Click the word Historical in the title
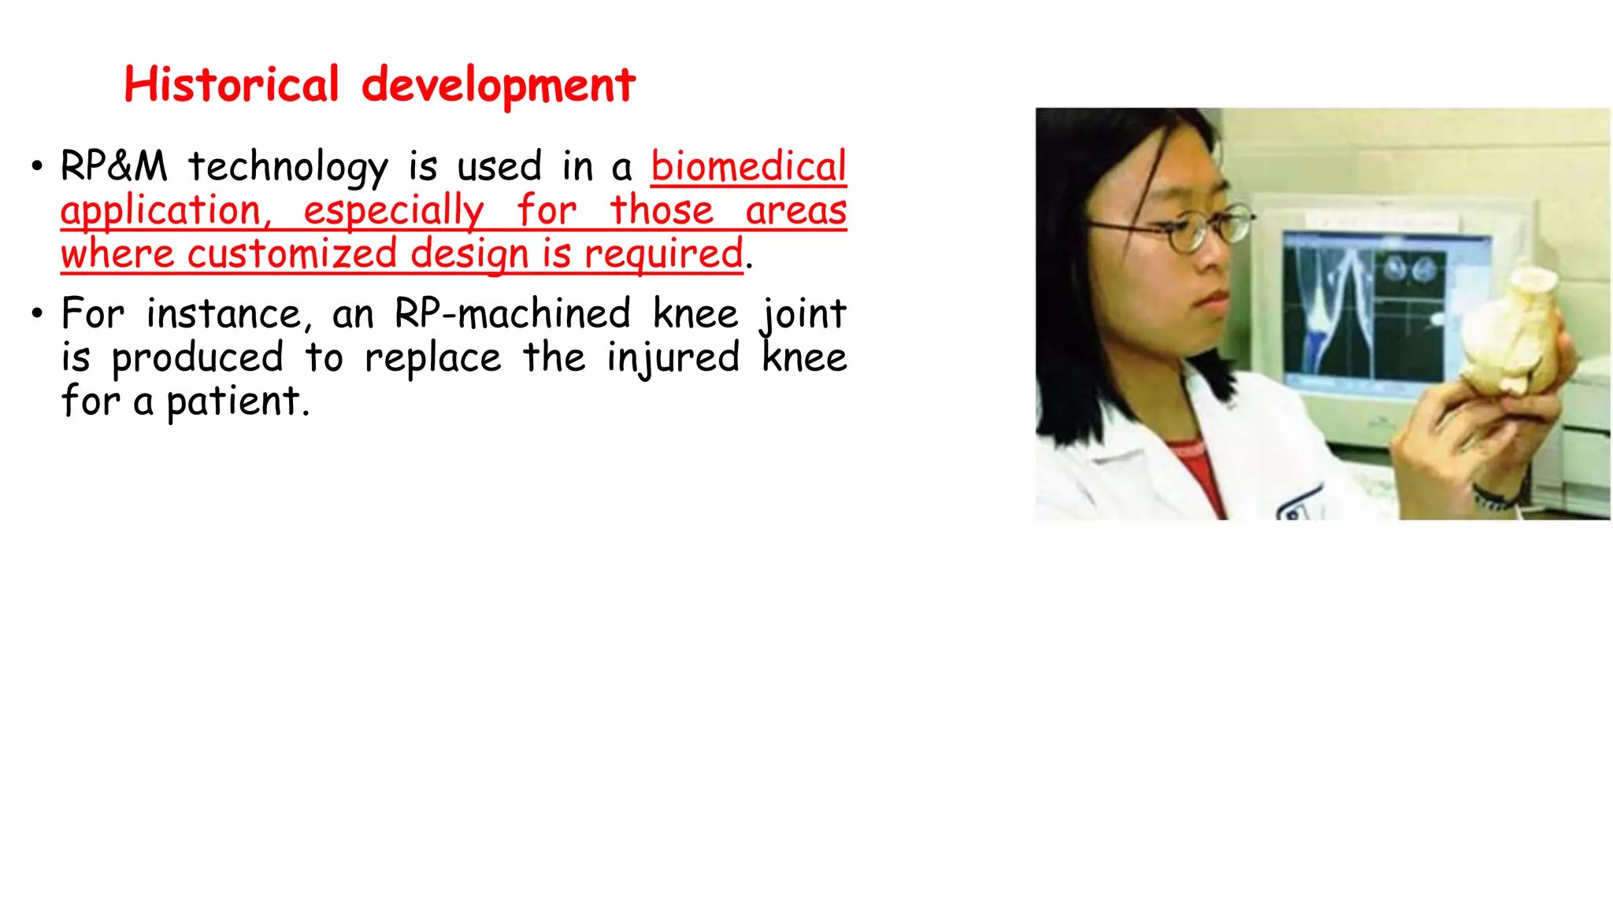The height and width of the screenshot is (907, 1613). pos(231,84)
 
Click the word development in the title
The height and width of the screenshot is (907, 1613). pos(498,85)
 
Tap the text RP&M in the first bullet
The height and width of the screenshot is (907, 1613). pos(114,167)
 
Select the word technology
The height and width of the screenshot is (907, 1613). pos(287,167)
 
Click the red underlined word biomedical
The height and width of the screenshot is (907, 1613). pos(748,167)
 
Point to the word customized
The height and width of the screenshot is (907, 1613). pos(291,254)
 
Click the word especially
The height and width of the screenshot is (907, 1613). pos(393,210)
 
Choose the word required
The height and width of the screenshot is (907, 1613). pos(663,254)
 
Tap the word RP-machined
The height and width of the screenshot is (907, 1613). pos(512,313)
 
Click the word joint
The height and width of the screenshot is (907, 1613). pos(803,313)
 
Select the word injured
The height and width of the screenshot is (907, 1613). pos(673,357)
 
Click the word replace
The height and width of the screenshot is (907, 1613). pos(432,357)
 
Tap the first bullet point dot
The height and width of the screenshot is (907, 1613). pos(36,167)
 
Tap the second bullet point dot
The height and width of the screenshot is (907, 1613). pos(36,314)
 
